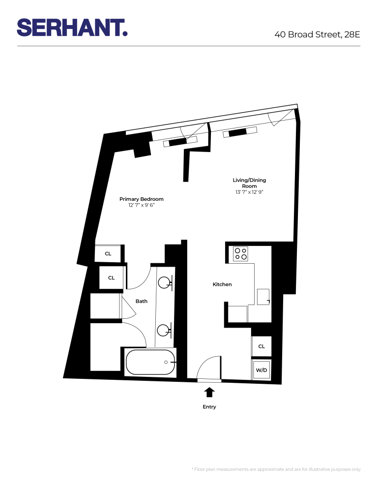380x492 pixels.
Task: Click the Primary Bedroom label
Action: (142, 199)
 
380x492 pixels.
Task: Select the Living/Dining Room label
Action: (249, 183)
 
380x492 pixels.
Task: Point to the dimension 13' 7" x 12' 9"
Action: (249, 192)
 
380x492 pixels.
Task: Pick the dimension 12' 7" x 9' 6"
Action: (142, 206)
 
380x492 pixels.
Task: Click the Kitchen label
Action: (222, 284)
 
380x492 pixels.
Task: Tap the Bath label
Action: (142, 301)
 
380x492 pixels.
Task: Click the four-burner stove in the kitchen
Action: (241, 253)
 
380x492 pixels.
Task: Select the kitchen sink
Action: (263, 297)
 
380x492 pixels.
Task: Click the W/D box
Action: (262, 370)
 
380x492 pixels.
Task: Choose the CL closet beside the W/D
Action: (262, 346)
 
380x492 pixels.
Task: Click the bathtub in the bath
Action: (150, 362)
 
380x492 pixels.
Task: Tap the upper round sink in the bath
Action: (165, 282)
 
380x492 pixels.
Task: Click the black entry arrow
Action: (209, 392)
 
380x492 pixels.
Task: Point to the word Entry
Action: (209, 407)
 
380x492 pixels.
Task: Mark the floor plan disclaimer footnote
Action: (276, 469)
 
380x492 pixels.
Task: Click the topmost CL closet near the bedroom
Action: (108, 254)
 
